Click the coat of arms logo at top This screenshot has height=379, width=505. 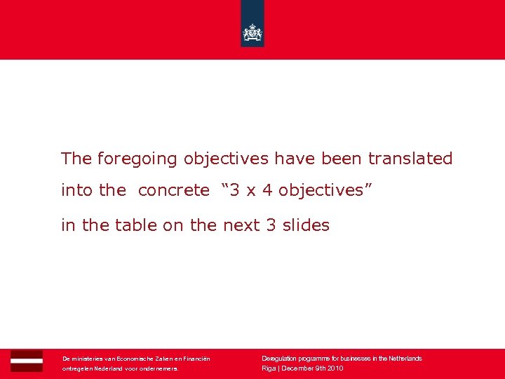click(252, 32)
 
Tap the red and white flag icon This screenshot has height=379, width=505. click(27, 361)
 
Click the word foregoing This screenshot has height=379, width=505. click(138, 159)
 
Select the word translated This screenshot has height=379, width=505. click(410, 159)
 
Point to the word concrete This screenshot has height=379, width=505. click(173, 190)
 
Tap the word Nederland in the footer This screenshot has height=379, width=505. click(107, 368)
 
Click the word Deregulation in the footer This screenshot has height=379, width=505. click(278, 359)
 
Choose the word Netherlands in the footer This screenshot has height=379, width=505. click(403, 359)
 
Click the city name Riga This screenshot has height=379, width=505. click(269, 368)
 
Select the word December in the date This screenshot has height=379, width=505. click(297, 368)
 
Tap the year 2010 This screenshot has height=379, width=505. click(334, 368)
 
